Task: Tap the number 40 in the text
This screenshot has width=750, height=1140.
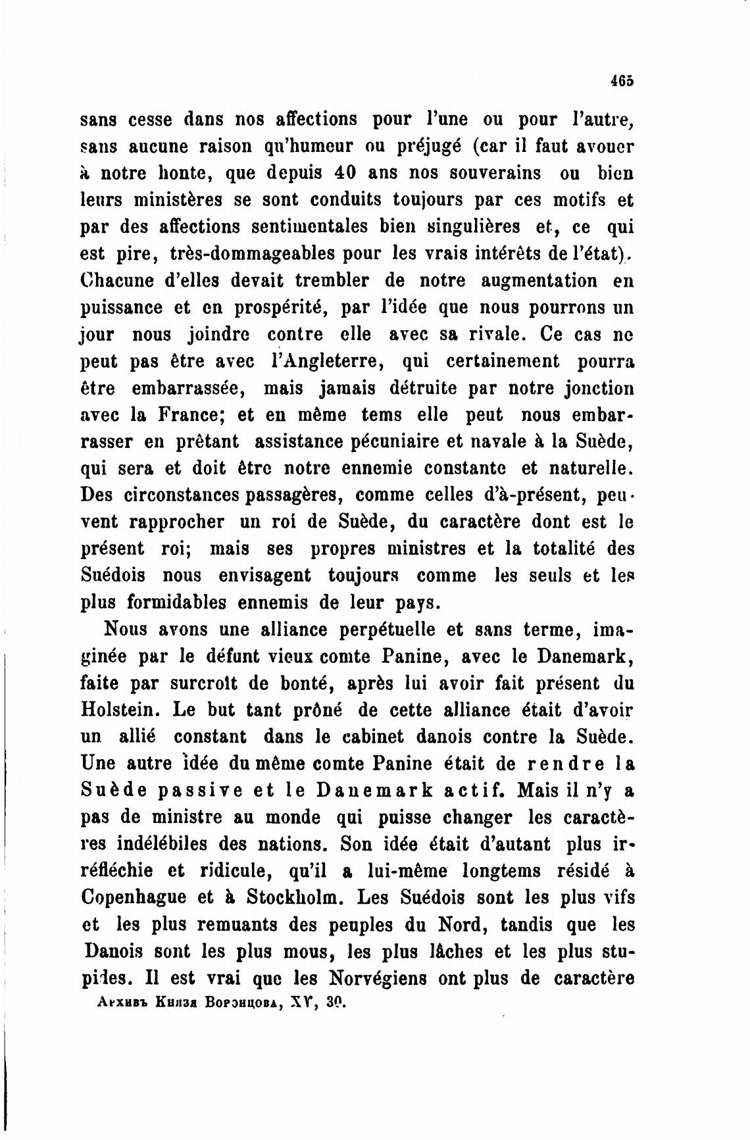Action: (346, 173)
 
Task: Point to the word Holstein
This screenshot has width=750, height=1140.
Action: (121, 710)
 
